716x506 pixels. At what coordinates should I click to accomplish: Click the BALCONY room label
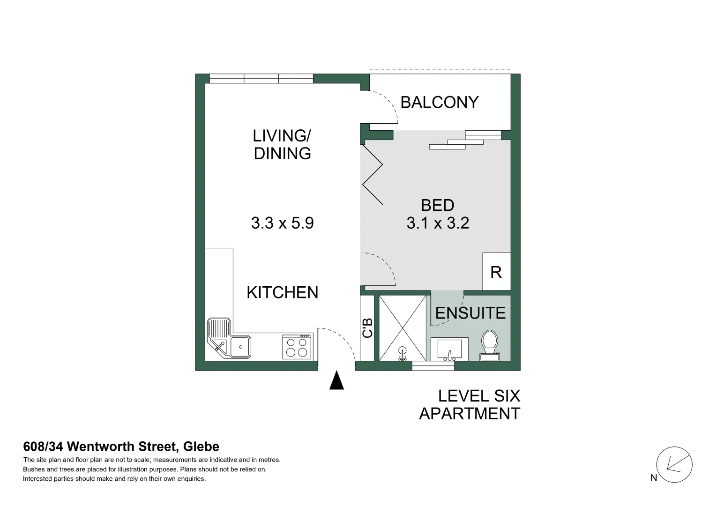pyautogui.click(x=439, y=102)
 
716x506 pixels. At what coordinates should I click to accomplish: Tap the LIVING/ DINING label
pyautogui.click(x=282, y=144)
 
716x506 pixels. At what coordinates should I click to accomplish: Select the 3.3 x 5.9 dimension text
pyautogui.click(x=282, y=223)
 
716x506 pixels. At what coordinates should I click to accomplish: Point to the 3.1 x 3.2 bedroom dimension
pyautogui.click(x=438, y=223)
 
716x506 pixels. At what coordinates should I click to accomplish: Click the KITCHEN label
pyautogui.click(x=282, y=292)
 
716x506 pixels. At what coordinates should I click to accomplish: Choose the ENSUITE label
pyautogui.click(x=470, y=313)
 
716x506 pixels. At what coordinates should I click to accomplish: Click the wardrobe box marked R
pyautogui.click(x=496, y=272)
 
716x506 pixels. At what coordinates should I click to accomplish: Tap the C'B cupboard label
pyautogui.click(x=367, y=328)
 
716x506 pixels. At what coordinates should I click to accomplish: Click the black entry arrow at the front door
pyautogui.click(x=336, y=380)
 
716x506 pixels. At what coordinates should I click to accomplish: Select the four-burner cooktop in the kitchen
pyautogui.click(x=297, y=347)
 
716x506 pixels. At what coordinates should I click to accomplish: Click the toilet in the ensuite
pyautogui.click(x=490, y=344)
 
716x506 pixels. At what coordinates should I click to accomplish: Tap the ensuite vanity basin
pyautogui.click(x=449, y=349)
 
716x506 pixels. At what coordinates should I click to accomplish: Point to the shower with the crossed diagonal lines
pyautogui.click(x=403, y=328)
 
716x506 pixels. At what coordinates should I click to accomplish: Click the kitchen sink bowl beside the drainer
pyautogui.click(x=240, y=347)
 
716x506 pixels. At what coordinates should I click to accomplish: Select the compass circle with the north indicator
pyautogui.click(x=674, y=465)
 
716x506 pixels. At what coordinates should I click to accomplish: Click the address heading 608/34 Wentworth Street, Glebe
pyautogui.click(x=121, y=447)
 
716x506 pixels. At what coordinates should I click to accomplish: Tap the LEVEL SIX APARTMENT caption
pyautogui.click(x=470, y=405)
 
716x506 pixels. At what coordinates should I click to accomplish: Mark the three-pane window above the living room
pyautogui.click(x=261, y=78)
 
